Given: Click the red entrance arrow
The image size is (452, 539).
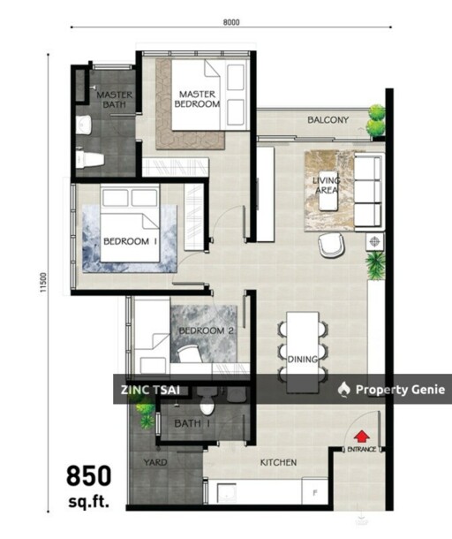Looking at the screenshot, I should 361,435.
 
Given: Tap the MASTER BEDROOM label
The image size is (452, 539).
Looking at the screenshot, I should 198,99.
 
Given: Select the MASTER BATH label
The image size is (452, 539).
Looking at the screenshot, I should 114,99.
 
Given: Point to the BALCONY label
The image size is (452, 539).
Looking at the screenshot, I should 328,120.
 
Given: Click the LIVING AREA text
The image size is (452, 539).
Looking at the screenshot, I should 326,186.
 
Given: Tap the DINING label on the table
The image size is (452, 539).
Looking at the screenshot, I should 303,358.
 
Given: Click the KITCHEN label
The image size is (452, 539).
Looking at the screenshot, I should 277,463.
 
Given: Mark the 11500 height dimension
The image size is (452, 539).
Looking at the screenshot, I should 41,284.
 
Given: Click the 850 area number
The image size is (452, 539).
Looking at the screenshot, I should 90,478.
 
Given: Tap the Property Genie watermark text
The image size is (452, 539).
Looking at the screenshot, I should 394,390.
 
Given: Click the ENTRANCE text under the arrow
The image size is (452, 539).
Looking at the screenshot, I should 361,450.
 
